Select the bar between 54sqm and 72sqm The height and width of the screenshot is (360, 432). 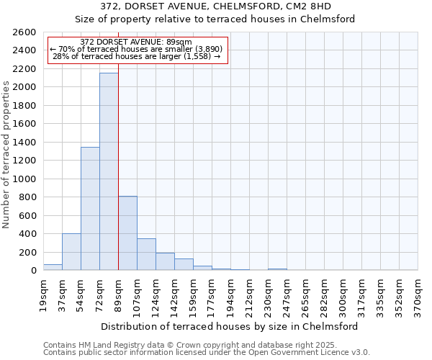pos(90,209)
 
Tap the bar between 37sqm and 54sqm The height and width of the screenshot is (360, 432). pos(71,252)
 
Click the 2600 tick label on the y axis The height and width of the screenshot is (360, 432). pos(24,32)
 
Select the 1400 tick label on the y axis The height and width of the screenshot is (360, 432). pos(24,143)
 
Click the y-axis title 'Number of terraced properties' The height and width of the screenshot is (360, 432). pos(6,155)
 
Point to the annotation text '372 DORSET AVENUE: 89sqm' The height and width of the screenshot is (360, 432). pos(136,42)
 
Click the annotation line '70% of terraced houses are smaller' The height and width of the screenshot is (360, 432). pos(136,49)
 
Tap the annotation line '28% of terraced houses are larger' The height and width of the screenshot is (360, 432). pos(136,56)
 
